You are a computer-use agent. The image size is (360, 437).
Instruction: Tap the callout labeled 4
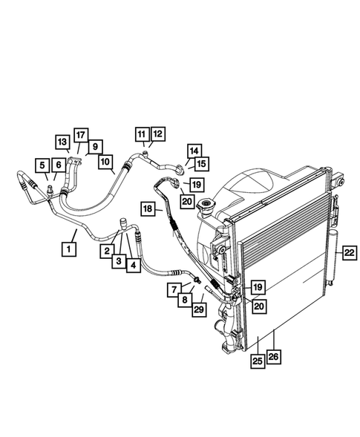(x=133, y=263)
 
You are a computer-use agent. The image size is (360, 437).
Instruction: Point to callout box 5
(x=44, y=165)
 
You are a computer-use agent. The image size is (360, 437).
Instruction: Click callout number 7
(x=173, y=289)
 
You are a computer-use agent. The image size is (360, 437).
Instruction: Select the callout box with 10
(x=105, y=160)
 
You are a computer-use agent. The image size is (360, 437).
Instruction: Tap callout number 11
(x=141, y=134)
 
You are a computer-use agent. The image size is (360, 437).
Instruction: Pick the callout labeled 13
(x=62, y=141)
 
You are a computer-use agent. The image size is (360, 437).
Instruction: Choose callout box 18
(x=148, y=210)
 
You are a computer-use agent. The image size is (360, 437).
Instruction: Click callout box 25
(x=258, y=361)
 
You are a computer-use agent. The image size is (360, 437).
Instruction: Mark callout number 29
(x=199, y=310)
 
